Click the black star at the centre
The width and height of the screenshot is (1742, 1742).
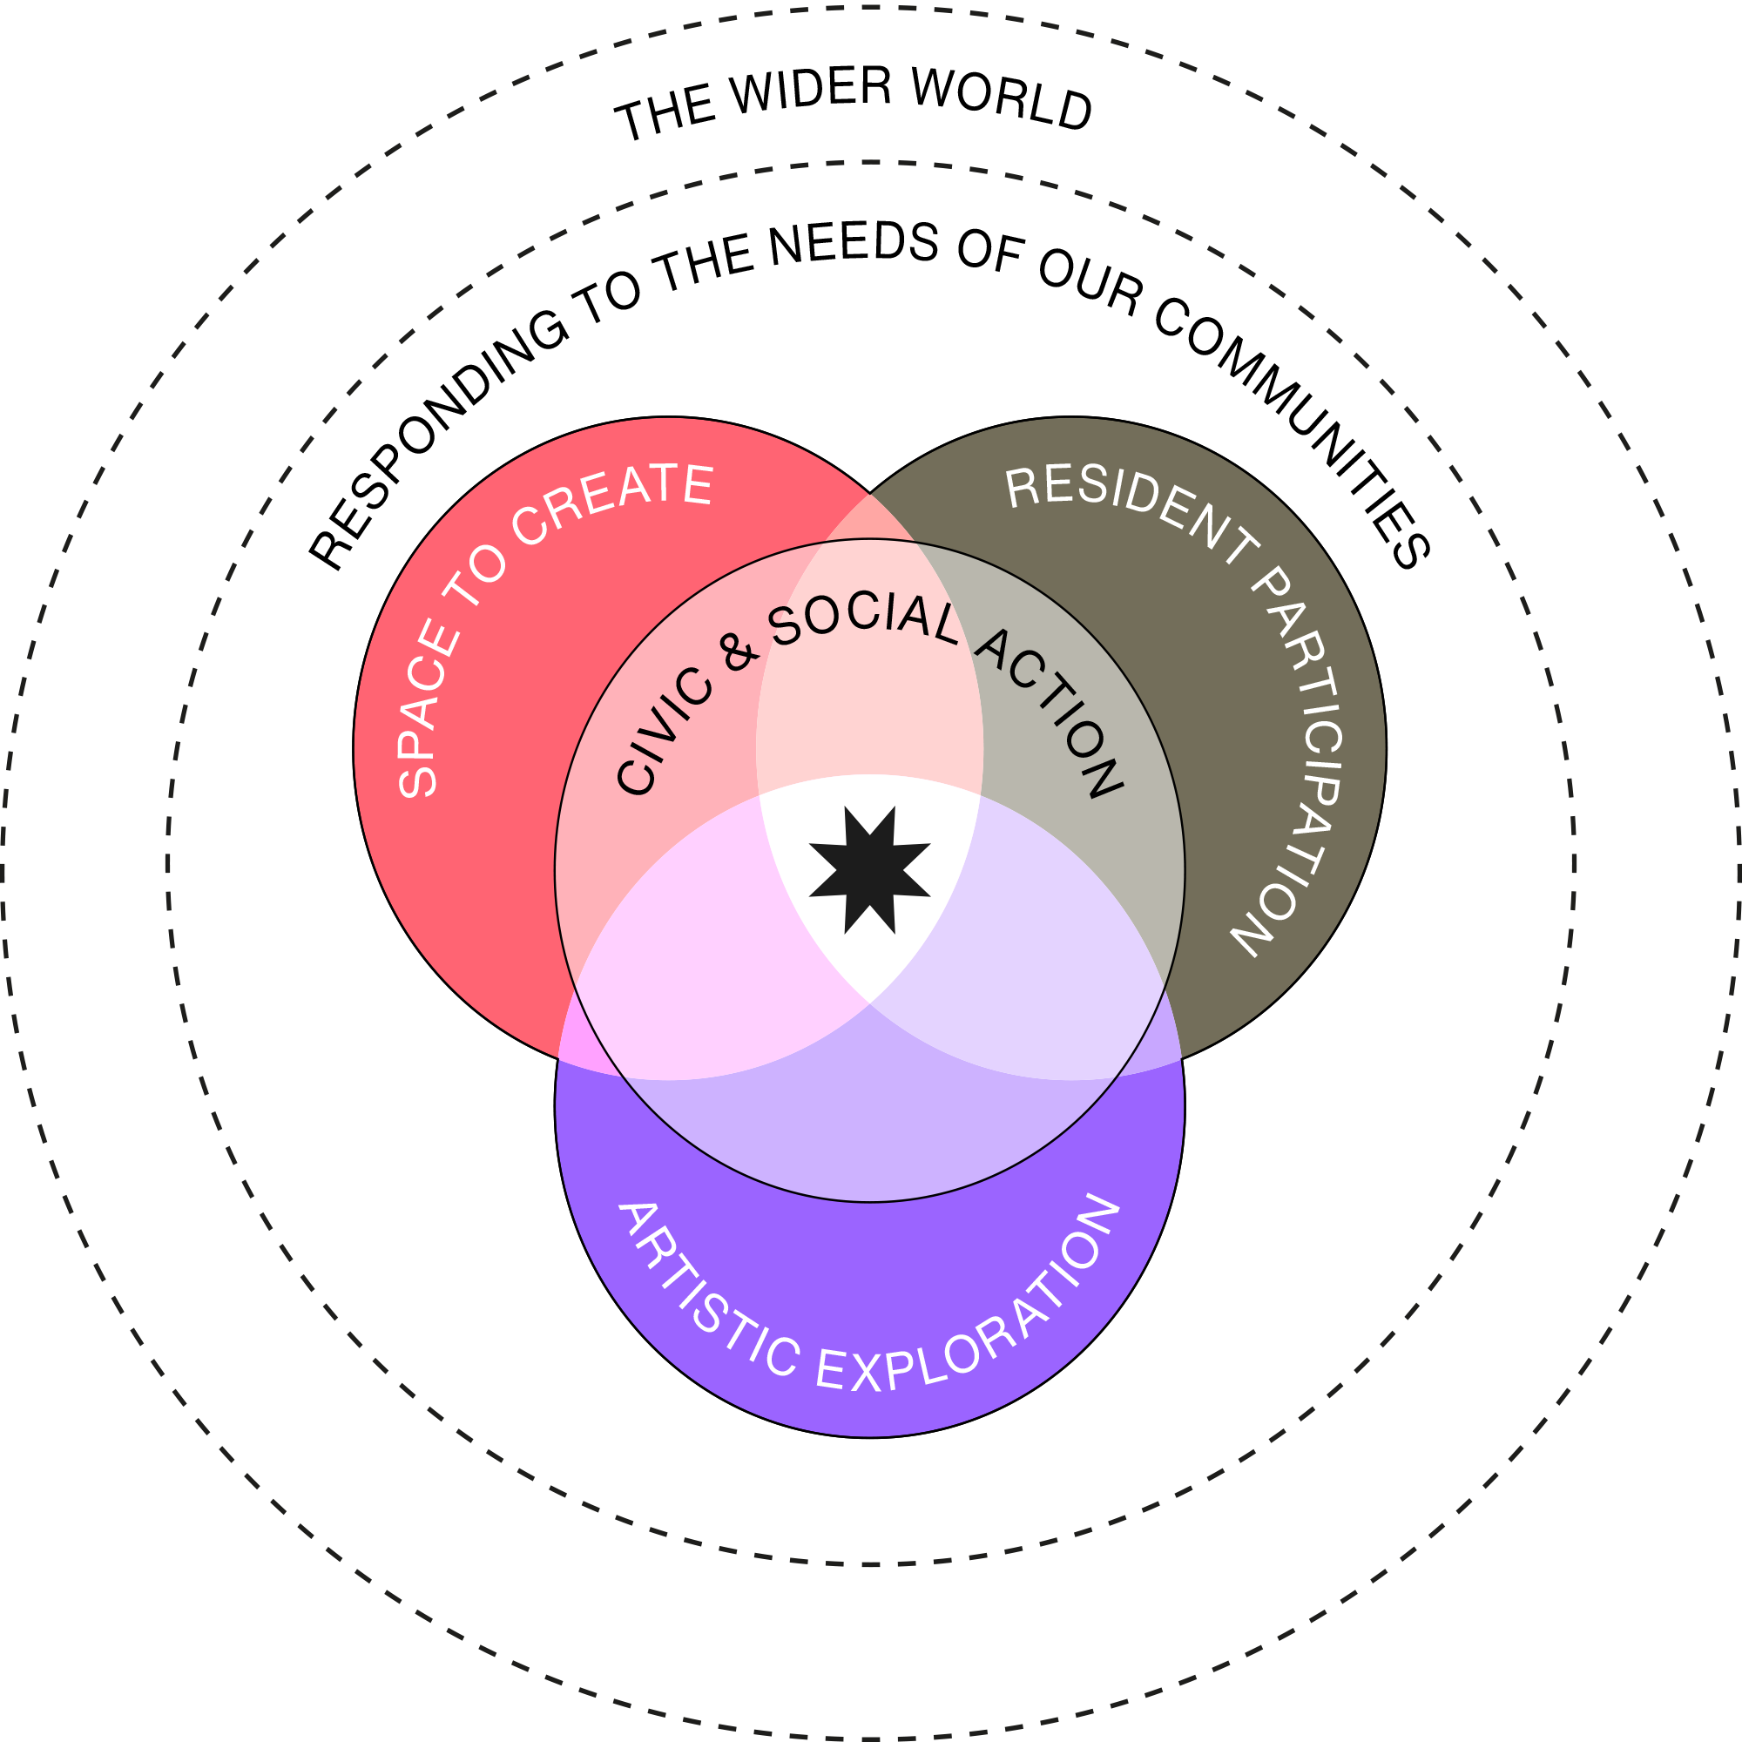click(869, 870)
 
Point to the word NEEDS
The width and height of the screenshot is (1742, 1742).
click(853, 245)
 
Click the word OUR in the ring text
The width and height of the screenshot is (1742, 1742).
click(1090, 280)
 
